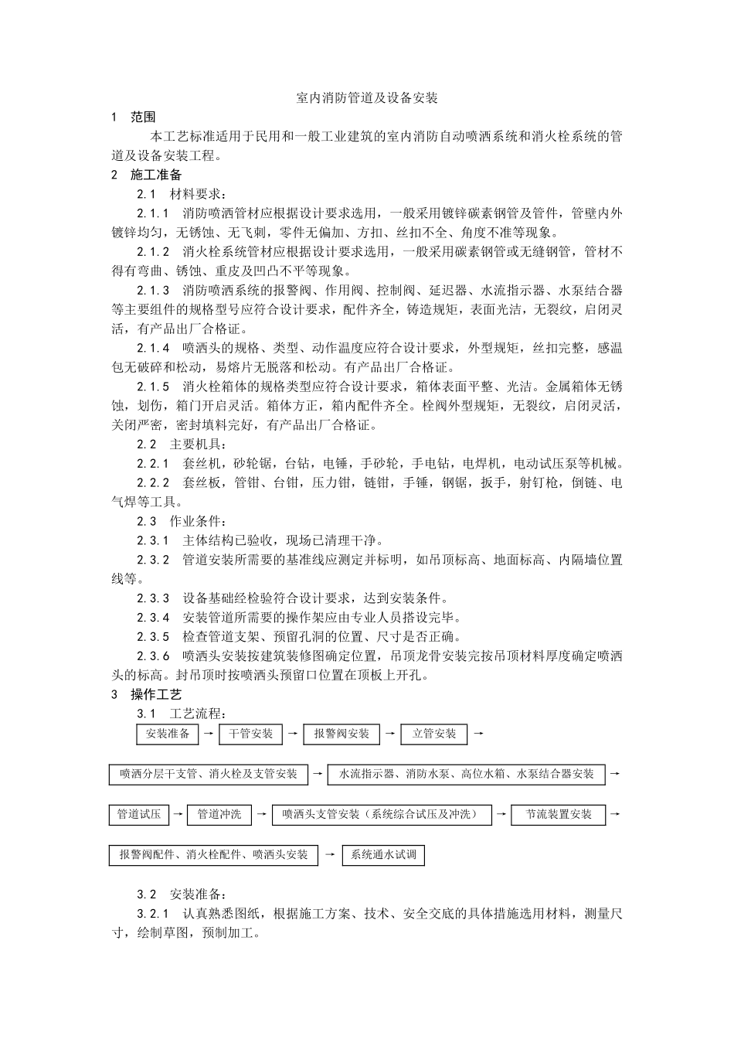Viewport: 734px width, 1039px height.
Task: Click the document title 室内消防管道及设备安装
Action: (x=367, y=98)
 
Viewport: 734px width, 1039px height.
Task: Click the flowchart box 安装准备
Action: (x=168, y=734)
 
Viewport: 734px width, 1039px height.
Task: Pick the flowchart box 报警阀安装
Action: (x=342, y=734)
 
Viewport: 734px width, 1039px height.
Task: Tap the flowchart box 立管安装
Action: (x=434, y=734)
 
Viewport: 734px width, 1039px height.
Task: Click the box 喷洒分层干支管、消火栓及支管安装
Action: (x=208, y=774)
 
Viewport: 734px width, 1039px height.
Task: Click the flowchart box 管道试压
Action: (x=138, y=814)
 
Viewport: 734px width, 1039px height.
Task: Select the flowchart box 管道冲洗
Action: (x=219, y=814)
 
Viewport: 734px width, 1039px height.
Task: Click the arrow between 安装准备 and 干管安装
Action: (x=209, y=734)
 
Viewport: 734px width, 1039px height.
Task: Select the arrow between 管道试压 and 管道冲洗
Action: (x=178, y=814)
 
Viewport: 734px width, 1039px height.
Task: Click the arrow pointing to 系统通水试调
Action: (x=330, y=855)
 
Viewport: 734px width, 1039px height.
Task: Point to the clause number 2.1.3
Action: (x=154, y=291)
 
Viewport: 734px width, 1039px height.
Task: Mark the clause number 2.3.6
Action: (x=154, y=656)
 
